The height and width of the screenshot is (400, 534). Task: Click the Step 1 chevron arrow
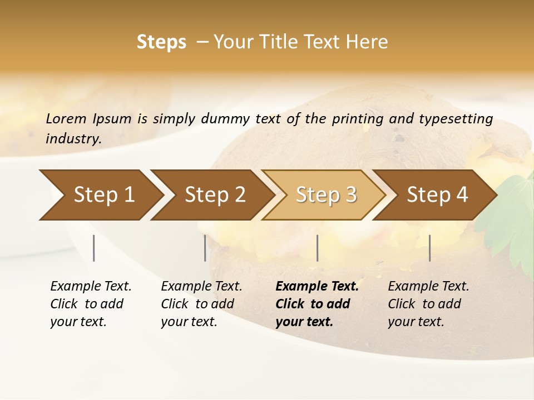coord(100,195)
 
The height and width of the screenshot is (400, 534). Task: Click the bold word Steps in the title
coord(161,42)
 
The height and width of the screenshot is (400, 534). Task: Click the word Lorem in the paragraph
coord(66,119)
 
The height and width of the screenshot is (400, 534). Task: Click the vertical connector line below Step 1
coord(94,248)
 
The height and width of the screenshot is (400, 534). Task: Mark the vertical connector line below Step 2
coord(205,248)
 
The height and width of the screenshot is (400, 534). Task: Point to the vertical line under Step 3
coord(318,248)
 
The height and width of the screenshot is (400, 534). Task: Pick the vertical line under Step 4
coord(429,248)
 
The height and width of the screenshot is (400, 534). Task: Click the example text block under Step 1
coord(90,304)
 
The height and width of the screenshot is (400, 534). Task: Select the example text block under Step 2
coord(201,304)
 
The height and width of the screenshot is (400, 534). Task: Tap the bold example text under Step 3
coord(317,304)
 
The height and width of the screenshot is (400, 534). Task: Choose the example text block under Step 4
coord(428,304)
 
